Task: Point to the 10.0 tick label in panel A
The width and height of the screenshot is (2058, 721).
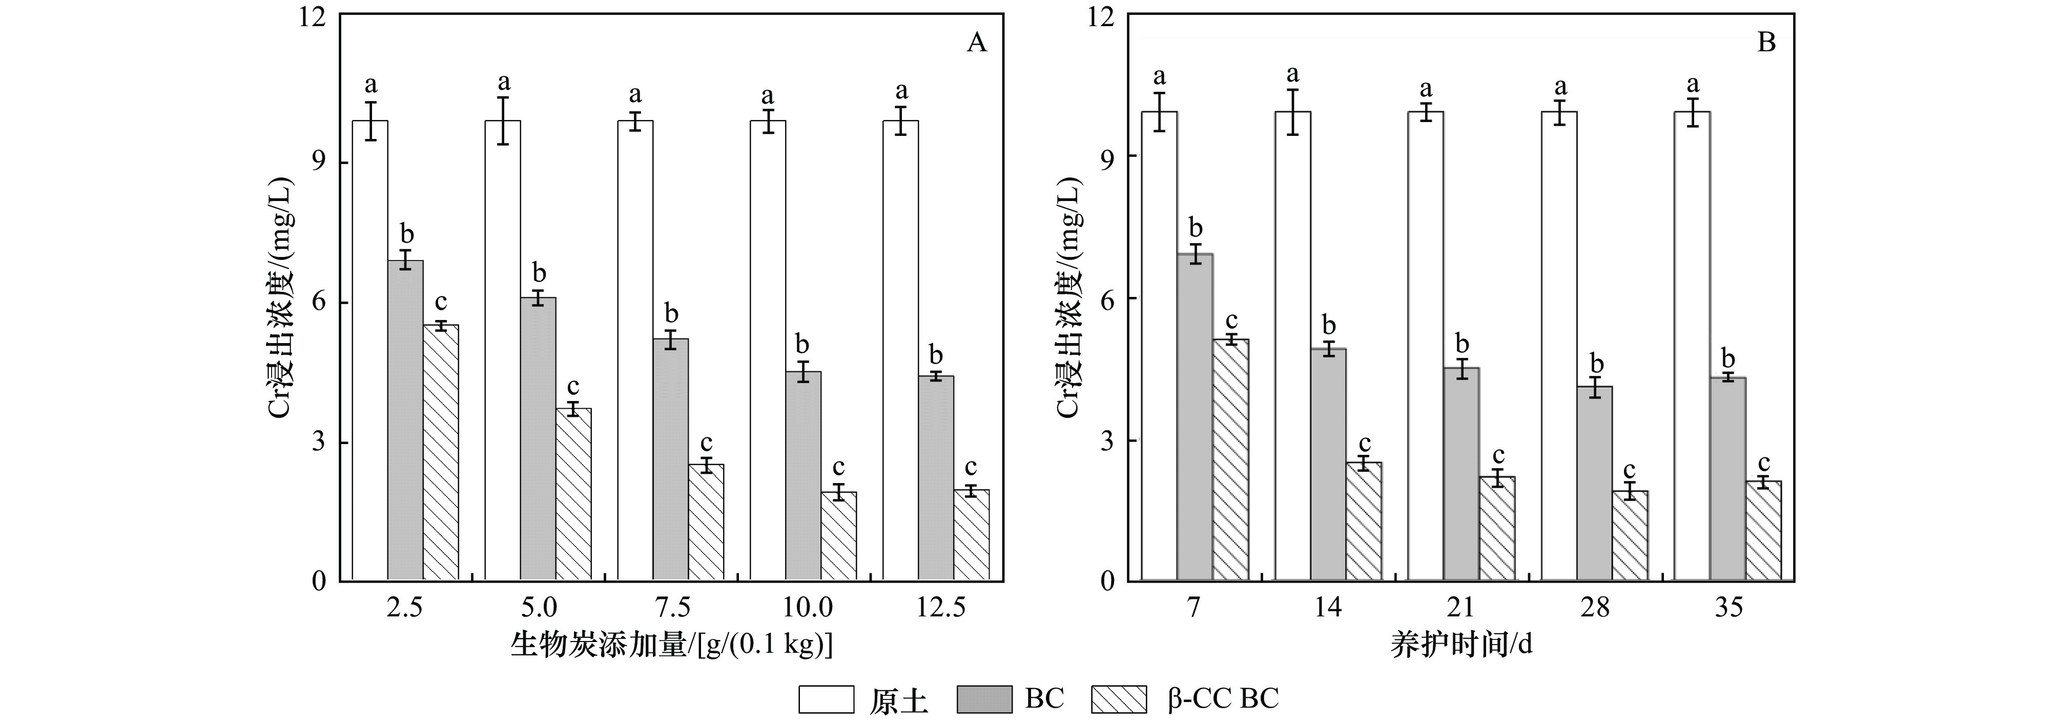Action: [807, 608]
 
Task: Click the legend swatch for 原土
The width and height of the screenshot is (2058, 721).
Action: [826, 699]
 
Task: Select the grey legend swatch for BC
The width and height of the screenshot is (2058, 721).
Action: [984, 699]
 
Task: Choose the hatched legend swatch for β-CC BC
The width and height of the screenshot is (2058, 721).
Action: [1119, 699]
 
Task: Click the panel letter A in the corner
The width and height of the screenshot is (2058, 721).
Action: [976, 43]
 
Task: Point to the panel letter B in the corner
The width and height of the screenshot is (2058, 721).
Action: [1766, 43]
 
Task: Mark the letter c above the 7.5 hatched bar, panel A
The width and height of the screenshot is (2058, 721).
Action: [706, 444]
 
